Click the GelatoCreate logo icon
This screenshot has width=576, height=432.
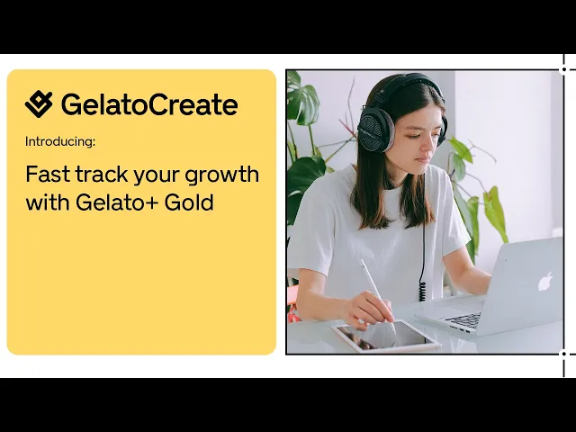(39, 104)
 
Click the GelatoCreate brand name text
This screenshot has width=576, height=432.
(149, 104)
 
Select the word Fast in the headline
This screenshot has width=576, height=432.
(44, 174)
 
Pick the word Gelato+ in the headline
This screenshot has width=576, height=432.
(126, 202)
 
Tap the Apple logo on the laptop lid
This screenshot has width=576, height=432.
(544, 281)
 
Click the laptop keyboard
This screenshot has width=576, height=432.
(463, 319)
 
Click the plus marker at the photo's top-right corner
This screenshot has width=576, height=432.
(564, 68)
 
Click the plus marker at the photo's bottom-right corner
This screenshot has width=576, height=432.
(564, 354)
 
